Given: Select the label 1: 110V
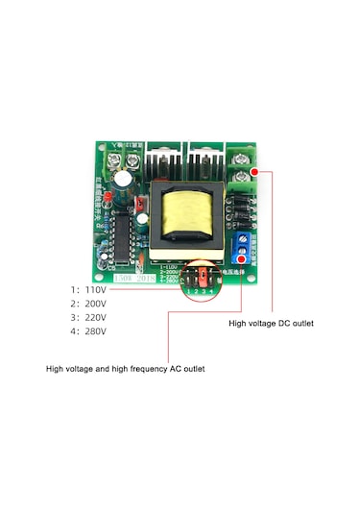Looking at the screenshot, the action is tap(88, 289).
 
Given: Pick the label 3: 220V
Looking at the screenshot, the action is tap(88, 317).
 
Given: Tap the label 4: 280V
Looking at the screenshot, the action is tap(88, 331).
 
